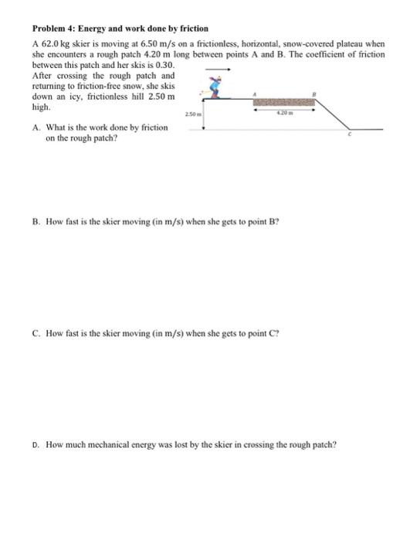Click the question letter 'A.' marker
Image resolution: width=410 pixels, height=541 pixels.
(x=36, y=127)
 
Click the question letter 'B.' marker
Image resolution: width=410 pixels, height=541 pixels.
(x=36, y=221)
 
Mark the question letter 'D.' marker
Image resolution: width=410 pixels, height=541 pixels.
(x=36, y=445)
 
